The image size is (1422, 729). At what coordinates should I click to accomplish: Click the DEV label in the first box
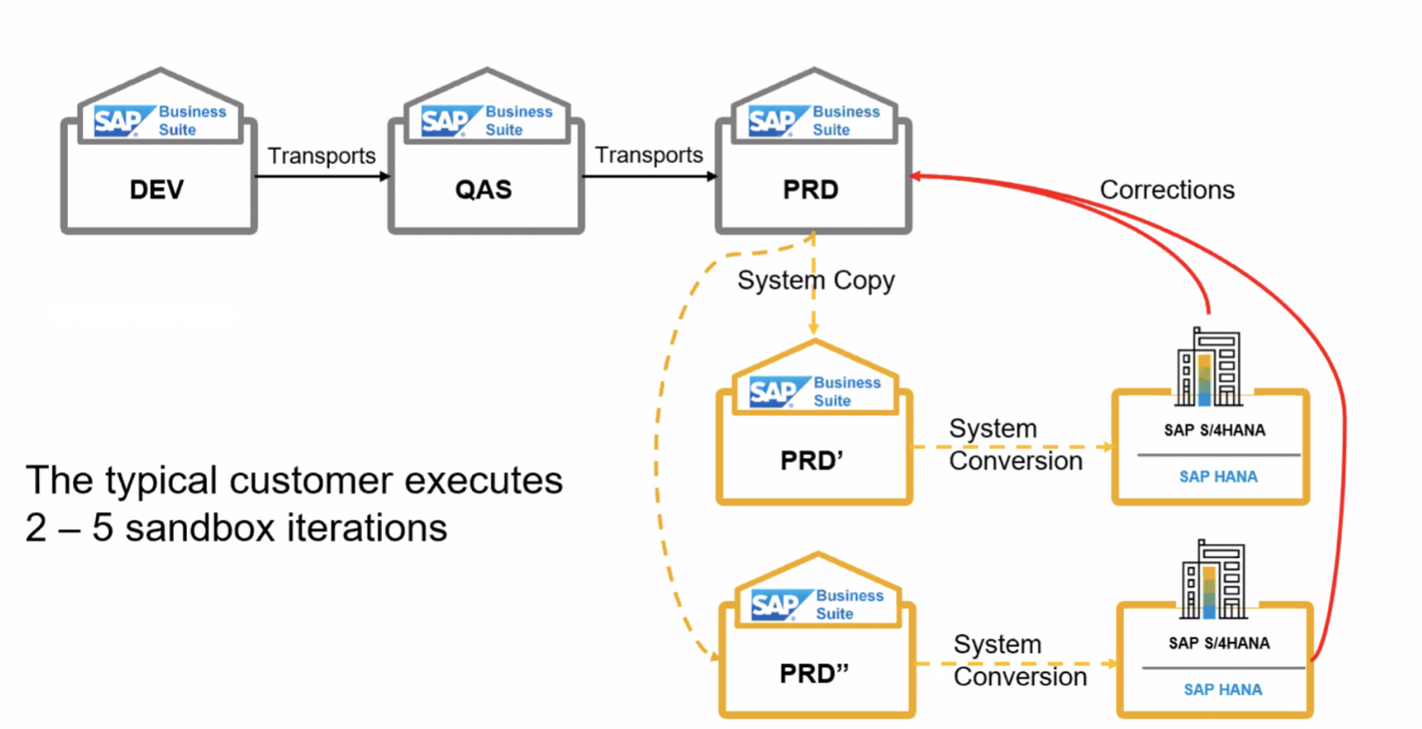click(157, 189)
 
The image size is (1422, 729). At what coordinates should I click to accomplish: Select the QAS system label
click(483, 189)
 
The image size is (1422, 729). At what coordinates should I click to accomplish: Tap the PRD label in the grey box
click(810, 189)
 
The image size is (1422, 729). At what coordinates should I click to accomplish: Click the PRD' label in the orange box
click(811, 460)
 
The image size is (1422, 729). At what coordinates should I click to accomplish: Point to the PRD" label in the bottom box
click(814, 673)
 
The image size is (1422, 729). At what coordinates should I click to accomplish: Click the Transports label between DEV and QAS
click(321, 155)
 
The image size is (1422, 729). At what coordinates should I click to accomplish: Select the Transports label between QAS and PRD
click(648, 154)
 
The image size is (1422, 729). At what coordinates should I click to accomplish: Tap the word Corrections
click(1166, 189)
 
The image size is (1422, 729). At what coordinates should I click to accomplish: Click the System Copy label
click(816, 280)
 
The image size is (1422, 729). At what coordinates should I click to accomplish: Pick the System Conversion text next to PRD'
click(1015, 445)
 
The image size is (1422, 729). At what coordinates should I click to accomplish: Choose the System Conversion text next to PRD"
click(1019, 660)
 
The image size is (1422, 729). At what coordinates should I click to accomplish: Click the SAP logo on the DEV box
click(119, 121)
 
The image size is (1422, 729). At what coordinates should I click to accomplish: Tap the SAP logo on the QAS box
click(446, 121)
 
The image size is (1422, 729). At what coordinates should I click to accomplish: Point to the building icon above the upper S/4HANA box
click(1208, 367)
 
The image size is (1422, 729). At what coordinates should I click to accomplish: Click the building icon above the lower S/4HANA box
click(1213, 580)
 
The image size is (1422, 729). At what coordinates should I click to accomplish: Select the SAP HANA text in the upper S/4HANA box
click(1218, 477)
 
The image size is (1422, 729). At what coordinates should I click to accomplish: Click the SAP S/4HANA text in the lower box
click(1219, 644)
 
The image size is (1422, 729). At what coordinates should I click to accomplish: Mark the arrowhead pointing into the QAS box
click(384, 177)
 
